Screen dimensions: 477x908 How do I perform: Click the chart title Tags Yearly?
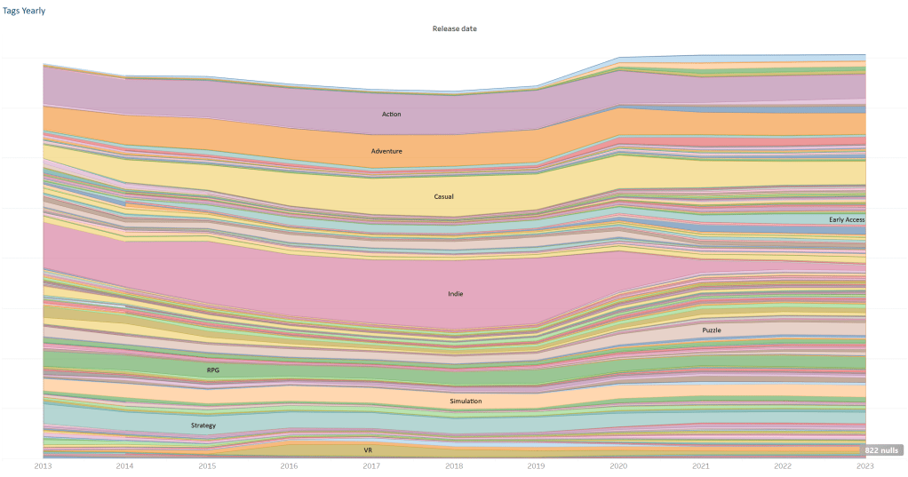point(24,11)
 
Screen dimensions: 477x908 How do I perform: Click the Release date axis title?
point(454,28)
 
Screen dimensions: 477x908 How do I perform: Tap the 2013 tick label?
point(43,465)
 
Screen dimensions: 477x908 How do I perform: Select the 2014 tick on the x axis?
point(125,465)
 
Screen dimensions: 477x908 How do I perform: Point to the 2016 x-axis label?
point(290,465)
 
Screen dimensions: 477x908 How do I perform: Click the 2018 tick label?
point(454,465)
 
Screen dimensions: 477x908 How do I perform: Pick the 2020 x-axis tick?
point(618,465)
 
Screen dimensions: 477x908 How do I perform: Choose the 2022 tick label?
point(783,465)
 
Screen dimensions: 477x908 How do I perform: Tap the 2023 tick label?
point(864,465)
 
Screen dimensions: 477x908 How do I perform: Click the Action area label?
point(392,115)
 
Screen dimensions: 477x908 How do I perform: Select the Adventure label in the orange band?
point(386,151)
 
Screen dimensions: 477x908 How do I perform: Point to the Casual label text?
point(443,196)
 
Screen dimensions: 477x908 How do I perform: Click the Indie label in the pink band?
point(456,294)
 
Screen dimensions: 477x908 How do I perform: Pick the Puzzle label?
point(711,330)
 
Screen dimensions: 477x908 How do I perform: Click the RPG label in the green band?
point(213,370)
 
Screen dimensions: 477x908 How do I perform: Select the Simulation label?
point(466,401)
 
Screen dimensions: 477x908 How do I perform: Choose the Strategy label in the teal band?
point(203,426)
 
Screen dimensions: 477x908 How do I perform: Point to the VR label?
point(368,450)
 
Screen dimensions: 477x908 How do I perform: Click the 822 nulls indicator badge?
point(883,450)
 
